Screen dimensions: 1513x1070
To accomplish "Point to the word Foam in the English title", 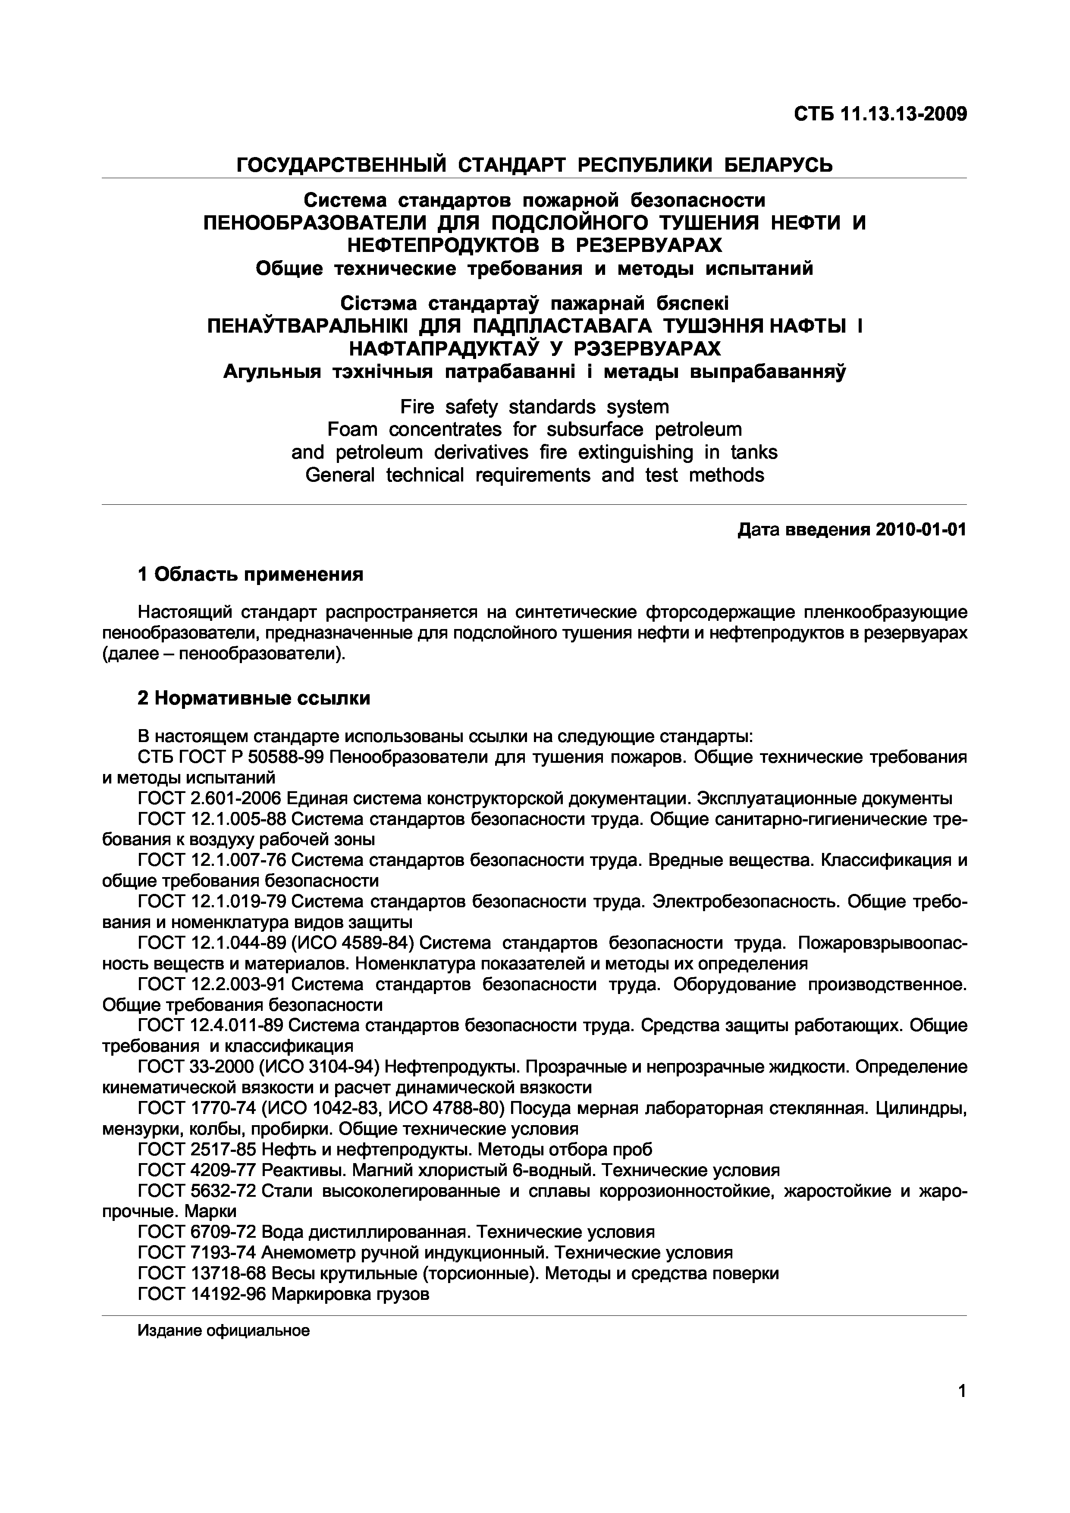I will (x=352, y=430).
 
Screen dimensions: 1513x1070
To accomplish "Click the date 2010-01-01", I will (x=921, y=530).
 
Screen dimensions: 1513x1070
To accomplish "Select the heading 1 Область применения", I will (x=251, y=575).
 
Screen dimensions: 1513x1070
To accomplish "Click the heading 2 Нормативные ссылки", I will (x=254, y=698).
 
